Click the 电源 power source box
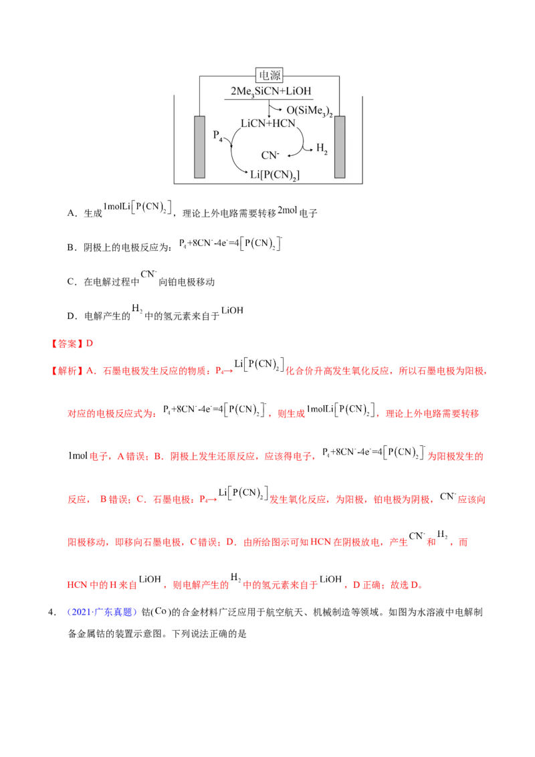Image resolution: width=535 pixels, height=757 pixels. [269, 76]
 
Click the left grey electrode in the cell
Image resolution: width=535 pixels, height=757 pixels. [199, 146]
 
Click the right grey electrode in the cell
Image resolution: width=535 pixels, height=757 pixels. [340, 146]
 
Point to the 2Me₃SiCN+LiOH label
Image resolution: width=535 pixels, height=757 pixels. [271, 92]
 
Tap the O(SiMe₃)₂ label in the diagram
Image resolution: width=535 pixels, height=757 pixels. [310, 111]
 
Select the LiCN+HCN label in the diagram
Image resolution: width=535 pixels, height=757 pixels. [268, 124]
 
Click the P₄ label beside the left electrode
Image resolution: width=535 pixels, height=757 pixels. [218, 136]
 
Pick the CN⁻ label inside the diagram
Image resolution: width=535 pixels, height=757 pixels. [270, 155]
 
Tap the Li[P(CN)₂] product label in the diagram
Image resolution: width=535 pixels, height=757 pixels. [275, 175]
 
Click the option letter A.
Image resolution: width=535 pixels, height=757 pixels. [72, 213]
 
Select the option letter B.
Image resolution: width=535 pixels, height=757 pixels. [72, 247]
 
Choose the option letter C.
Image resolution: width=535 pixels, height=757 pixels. [72, 282]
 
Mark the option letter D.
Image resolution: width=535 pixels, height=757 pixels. [72, 316]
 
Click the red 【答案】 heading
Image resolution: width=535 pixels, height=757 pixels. [66, 344]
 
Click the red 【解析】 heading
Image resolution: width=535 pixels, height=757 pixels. [66, 370]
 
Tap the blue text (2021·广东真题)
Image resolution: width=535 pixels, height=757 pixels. [102, 612]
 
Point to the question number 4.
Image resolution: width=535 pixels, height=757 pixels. [51, 612]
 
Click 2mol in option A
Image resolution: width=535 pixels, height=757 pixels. [288, 210]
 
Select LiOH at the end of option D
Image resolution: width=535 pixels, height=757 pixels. [232, 310]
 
